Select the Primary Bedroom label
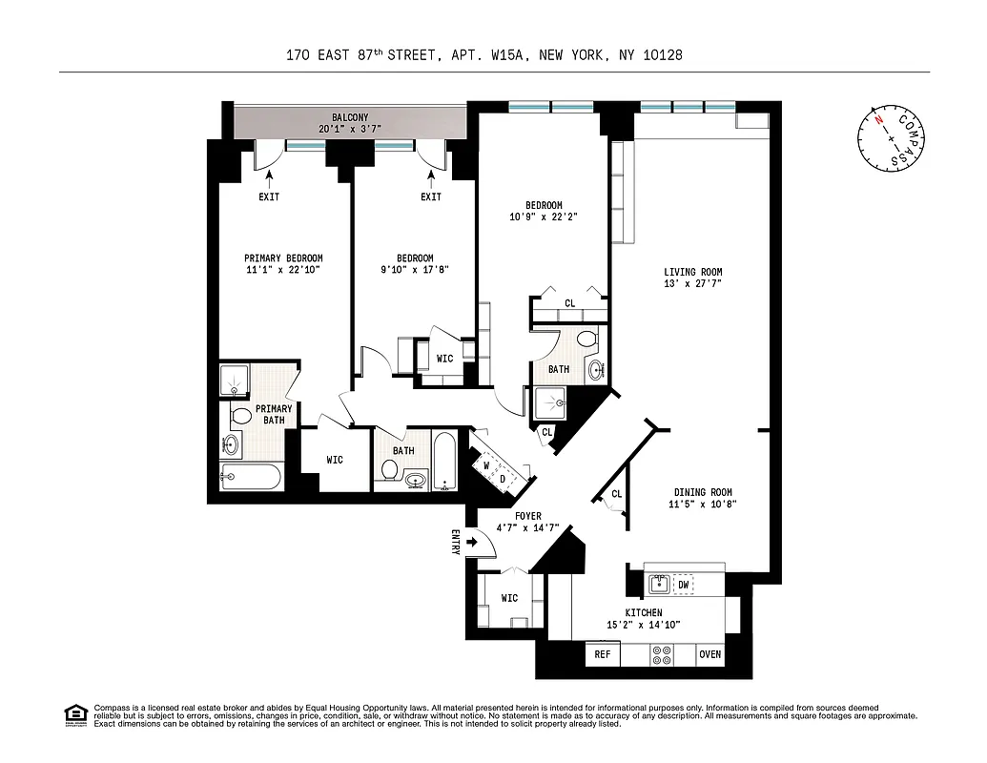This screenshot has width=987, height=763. (x=283, y=258)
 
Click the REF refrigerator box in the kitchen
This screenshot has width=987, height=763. (x=602, y=654)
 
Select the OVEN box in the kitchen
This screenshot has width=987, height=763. (x=709, y=654)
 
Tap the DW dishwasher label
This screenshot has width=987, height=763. (x=683, y=584)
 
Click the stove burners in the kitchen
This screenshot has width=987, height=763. (x=660, y=654)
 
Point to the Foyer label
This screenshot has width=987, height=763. (x=528, y=516)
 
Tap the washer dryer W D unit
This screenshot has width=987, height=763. (x=494, y=469)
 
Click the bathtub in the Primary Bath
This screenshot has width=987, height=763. (x=251, y=476)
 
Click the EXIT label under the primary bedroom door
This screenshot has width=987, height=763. (x=268, y=197)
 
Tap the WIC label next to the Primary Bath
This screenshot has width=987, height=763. (x=335, y=460)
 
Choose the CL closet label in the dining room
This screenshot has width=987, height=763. (x=617, y=493)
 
